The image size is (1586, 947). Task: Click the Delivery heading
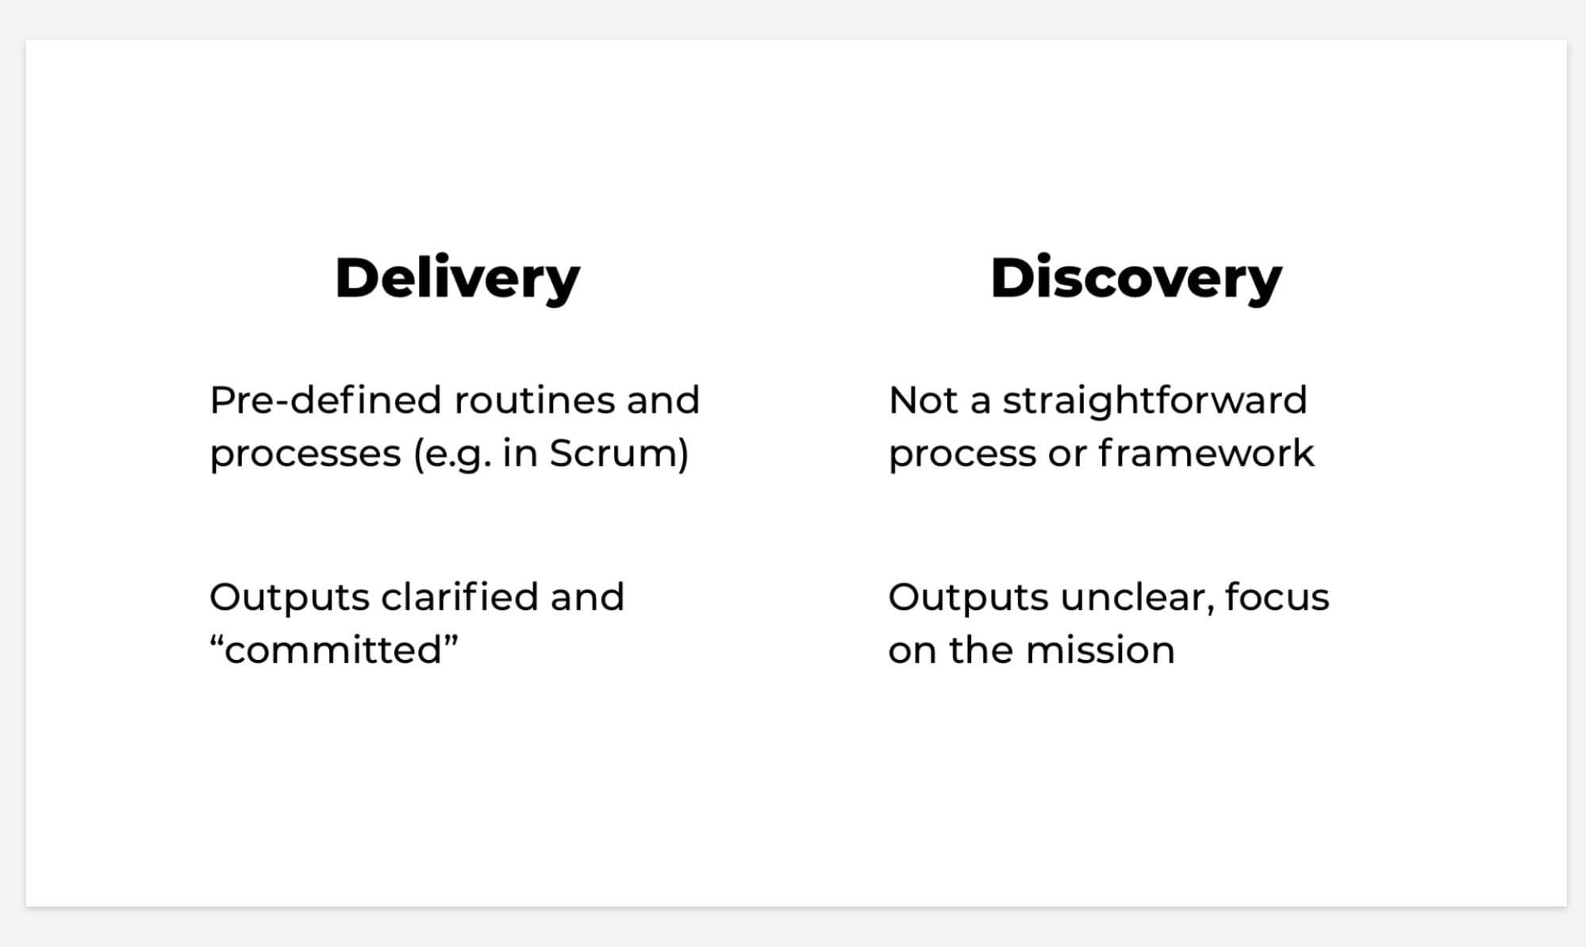pyautogui.click(x=457, y=279)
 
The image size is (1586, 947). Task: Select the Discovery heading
pyautogui.click(x=1135, y=279)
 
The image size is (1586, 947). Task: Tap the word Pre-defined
pyautogui.click(x=325, y=401)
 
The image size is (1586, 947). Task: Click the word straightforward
pyautogui.click(x=1154, y=401)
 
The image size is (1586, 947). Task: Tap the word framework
pyautogui.click(x=1206, y=454)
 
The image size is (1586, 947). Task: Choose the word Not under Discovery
pyautogui.click(x=924, y=401)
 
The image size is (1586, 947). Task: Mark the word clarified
pyautogui.click(x=459, y=597)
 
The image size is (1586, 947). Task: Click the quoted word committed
pyautogui.click(x=334, y=650)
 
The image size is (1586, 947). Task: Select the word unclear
pyautogui.click(x=1136, y=597)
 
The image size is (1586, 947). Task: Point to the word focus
pyautogui.click(x=1277, y=597)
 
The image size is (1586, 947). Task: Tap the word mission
pyautogui.click(x=1100, y=650)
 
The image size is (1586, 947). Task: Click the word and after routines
pyautogui.click(x=662, y=401)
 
